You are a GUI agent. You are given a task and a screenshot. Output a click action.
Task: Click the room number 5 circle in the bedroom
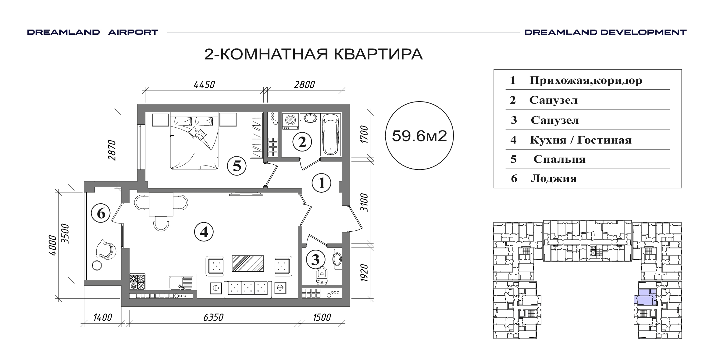pyautogui.click(x=237, y=166)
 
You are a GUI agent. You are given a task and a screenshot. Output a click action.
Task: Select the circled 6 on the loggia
pyautogui.click(x=101, y=213)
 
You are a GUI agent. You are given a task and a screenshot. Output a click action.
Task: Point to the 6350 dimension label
pyautogui.click(x=213, y=317)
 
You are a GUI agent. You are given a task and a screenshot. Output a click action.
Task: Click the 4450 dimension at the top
pyautogui.click(x=204, y=84)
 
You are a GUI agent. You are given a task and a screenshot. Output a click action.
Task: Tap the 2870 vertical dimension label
pyautogui.click(x=112, y=150)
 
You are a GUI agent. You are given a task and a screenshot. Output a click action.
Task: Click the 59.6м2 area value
pyautogui.click(x=419, y=136)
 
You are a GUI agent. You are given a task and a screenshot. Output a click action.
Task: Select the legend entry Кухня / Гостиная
pyautogui.click(x=581, y=140)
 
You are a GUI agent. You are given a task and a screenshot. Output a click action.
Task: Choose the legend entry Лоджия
pyautogui.click(x=554, y=178)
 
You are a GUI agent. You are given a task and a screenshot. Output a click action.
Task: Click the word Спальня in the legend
pyautogui.click(x=559, y=159)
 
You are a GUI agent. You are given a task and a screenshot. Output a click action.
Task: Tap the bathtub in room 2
pyautogui.click(x=330, y=134)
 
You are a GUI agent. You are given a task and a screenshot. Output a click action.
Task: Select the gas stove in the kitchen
pyautogui.click(x=137, y=282)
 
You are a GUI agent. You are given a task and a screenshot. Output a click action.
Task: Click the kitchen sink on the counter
pyautogui.click(x=181, y=283)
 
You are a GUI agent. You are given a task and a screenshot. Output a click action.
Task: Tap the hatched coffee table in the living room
pyautogui.click(x=248, y=263)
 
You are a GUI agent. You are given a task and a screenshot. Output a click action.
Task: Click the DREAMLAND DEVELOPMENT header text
pyautogui.click(x=605, y=32)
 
